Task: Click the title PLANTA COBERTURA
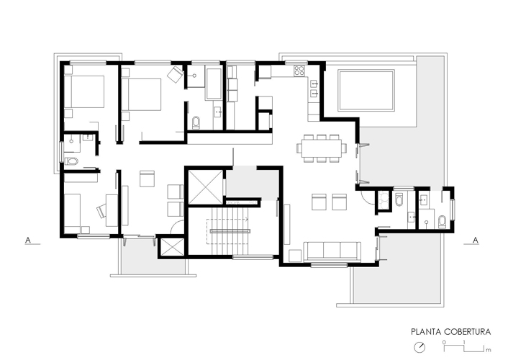click(450, 332)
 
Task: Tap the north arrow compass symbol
click(419, 347)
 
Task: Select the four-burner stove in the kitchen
click(299, 71)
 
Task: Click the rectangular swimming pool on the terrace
click(366, 90)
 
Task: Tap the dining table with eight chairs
click(322, 148)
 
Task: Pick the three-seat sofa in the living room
click(332, 251)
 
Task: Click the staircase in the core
click(230, 232)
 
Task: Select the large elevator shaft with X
click(206, 187)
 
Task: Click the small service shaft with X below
click(171, 247)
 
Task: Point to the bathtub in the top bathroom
click(214, 84)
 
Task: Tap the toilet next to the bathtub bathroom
click(196, 122)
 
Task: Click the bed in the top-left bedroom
click(84, 91)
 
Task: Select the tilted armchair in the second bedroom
click(176, 74)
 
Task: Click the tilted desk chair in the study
click(101, 210)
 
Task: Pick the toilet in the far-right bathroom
click(443, 222)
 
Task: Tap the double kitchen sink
click(314, 89)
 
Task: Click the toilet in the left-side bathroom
click(72, 161)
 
